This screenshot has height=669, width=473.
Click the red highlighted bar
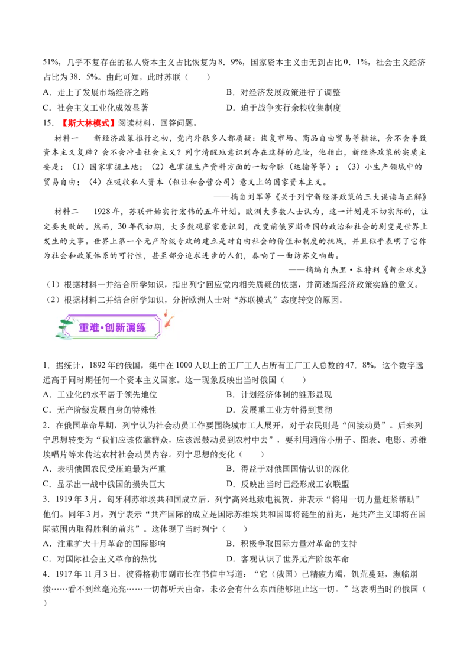[89, 123]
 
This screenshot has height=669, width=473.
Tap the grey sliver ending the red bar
[116, 123]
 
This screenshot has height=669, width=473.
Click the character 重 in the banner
[84, 327]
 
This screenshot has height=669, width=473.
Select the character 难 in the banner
[95, 327]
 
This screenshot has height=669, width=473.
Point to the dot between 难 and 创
[102, 328]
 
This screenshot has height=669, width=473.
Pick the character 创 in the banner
[110, 327]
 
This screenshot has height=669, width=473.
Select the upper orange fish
[166, 313]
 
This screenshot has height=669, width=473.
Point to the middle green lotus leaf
[62, 327]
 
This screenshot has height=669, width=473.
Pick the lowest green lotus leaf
[59, 336]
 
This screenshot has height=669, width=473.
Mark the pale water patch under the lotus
[66, 337]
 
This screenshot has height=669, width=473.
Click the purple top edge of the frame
[112, 316]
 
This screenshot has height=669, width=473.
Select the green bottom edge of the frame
[112, 339]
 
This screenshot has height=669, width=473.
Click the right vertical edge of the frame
[161, 327]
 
